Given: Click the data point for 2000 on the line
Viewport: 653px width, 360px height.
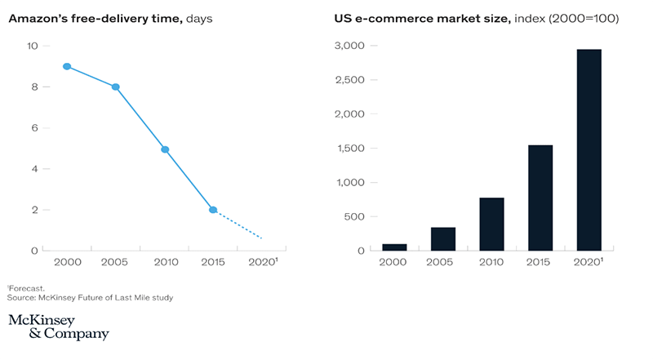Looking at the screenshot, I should pyautogui.click(x=67, y=66).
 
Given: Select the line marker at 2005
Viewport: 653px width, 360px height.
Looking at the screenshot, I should pyautogui.click(x=115, y=87).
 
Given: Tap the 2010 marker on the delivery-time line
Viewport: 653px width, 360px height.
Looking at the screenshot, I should pyautogui.click(x=164, y=149).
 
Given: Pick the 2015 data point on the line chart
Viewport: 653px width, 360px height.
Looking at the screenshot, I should pyautogui.click(x=213, y=210).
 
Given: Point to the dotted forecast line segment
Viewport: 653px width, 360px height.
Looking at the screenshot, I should pyautogui.click(x=238, y=224).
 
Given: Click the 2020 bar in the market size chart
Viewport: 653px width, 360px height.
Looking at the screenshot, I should pyautogui.click(x=589, y=149).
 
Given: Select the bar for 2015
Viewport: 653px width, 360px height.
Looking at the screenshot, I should pyautogui.click(x=540, y=198).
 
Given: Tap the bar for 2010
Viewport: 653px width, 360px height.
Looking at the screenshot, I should pyautogui.click(x=491, y=224).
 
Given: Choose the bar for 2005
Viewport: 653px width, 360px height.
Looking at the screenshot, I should pyautogui.click(x=443, y=238).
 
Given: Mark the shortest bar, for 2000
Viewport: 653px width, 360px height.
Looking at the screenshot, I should pyautogui.click(x=395, y=247).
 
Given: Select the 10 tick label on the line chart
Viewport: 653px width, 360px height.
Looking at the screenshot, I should pyautogui.click(x=33, y=46).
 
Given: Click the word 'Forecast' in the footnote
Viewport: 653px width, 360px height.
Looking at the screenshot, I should pyautogui.click(x=27, y=288).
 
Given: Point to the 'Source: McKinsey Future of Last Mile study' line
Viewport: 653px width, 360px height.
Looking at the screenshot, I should pyautogui.click(x=90, y=298).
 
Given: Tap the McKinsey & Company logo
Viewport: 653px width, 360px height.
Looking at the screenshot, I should pyautogui.click(x=58, y=326).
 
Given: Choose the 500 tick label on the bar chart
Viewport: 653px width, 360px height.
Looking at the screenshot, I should pyautogui.click(x=355, y=216).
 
